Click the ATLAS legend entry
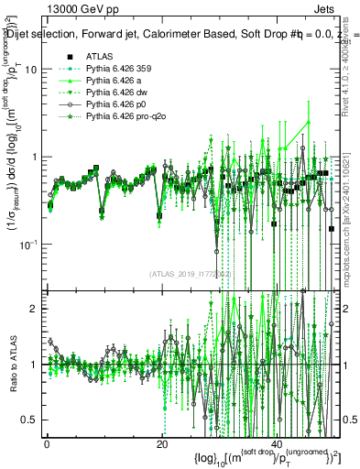[99, 56]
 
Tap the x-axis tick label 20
[161, 444]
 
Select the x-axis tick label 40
[276, 444]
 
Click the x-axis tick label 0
[47, 444]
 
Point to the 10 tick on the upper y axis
[31, 70]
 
